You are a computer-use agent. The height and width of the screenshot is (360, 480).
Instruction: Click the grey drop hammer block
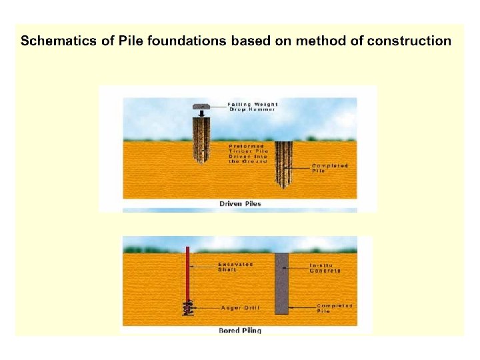(x=202, y=106)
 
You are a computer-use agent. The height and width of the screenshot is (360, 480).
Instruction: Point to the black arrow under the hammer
(x=202, y=113)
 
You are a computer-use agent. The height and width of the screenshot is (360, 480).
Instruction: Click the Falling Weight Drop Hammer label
(x=253, y=106)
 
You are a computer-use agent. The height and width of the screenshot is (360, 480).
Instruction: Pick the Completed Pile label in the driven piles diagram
(x=330, y=168)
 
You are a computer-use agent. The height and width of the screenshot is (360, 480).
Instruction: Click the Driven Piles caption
(x=241, y=203)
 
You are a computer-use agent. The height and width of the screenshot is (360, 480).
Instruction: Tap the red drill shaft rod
(x=189, y=273)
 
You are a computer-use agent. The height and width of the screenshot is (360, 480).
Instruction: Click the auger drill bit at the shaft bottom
(x=189, y=308)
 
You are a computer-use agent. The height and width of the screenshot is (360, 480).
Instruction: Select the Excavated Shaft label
(x=236, y=267)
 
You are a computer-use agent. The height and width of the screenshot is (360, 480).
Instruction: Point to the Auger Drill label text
(x=240, y=308)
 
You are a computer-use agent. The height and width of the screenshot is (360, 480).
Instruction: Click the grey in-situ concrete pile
(x=281, y=283)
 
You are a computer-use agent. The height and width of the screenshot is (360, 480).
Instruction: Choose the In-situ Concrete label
(x=325, y=267)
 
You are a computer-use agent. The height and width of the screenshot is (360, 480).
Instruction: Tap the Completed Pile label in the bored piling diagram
(x=334, y=308)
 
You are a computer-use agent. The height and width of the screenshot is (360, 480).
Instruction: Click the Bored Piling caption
(x=240, y=330)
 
